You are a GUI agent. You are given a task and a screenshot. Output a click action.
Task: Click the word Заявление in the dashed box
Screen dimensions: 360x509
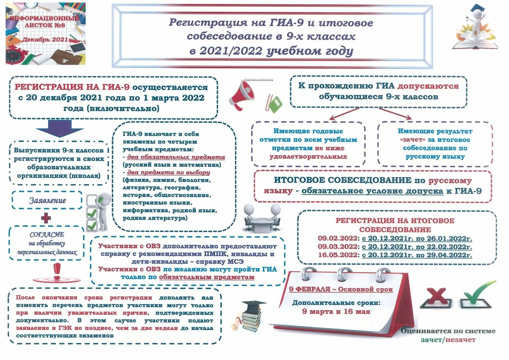[47, 200]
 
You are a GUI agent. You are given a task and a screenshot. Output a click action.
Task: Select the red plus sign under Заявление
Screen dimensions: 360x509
[46, 218]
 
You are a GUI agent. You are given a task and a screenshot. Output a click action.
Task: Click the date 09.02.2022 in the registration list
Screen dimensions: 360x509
[338, 238]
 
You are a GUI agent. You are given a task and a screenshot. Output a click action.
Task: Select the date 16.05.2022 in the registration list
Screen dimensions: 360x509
[338, 255]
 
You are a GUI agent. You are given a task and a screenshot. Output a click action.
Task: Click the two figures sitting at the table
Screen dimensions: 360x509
[262, 218]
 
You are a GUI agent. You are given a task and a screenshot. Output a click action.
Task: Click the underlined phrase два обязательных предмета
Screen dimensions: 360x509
[176, 157]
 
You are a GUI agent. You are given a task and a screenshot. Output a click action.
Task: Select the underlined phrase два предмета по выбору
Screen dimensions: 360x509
[168, 172]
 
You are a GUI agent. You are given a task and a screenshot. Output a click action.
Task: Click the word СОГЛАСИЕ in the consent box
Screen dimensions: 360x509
[47, 234]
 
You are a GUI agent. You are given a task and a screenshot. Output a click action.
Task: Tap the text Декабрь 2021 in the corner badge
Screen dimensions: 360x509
[45, 40]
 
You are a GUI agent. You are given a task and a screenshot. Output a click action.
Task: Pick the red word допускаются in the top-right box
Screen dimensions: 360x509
[428, 86]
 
